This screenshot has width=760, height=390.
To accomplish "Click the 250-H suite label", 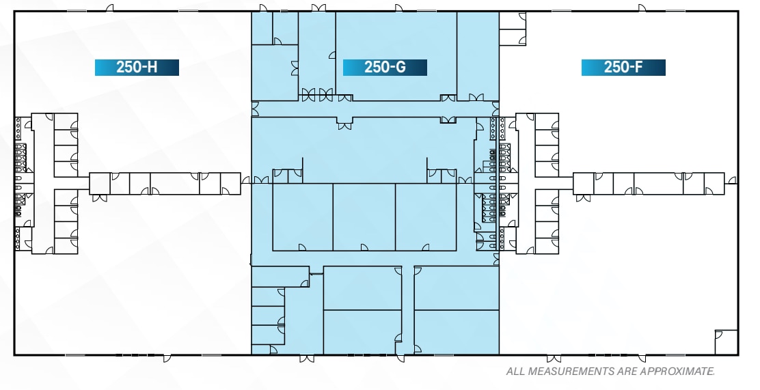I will point(137,67).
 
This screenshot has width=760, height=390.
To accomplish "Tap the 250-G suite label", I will point(385,67).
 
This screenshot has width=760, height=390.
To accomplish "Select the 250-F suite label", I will point(623,67).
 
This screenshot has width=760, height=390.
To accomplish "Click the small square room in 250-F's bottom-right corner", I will point(726,342).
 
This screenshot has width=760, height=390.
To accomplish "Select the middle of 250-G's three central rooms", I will point(364,217).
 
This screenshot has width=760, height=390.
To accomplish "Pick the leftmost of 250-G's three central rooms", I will point(303,217).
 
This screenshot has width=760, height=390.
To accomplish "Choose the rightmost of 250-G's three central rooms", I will point(426,217).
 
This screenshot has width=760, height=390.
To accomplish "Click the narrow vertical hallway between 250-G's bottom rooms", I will point(407,311).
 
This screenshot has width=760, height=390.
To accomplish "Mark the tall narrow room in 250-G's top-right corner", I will point(478,55).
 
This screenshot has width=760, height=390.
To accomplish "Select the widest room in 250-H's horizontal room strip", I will point(174,184).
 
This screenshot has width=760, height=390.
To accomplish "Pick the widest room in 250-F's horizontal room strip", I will point(657,184).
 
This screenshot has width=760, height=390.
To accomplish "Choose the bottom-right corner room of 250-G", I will point(457,333).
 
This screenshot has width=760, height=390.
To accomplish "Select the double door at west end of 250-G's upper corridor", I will point(255,108).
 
